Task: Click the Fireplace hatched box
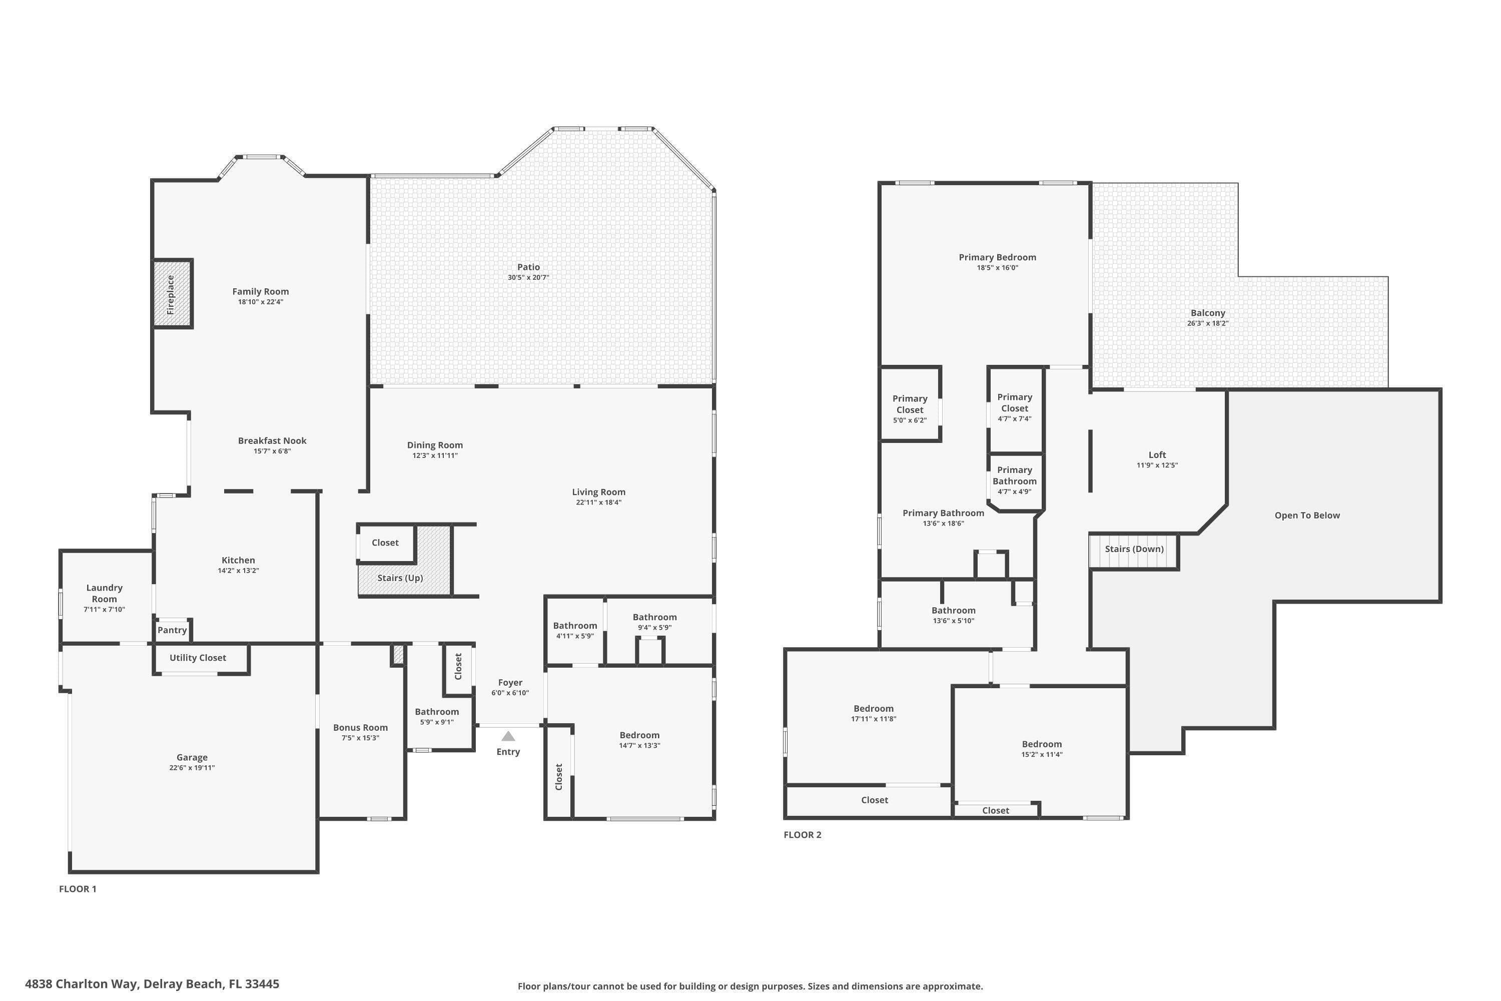172,294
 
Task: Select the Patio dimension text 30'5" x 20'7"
528,278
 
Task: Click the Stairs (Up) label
400,578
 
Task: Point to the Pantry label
172,630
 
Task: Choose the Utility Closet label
198,658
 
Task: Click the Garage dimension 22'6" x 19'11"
192,768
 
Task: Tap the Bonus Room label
361,728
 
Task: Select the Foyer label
510,683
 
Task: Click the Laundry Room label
105,593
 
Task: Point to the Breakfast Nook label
273,440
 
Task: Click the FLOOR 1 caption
78,889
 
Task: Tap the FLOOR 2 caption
803,834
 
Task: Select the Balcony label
1208,313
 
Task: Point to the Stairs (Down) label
1134,549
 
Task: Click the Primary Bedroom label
998,257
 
